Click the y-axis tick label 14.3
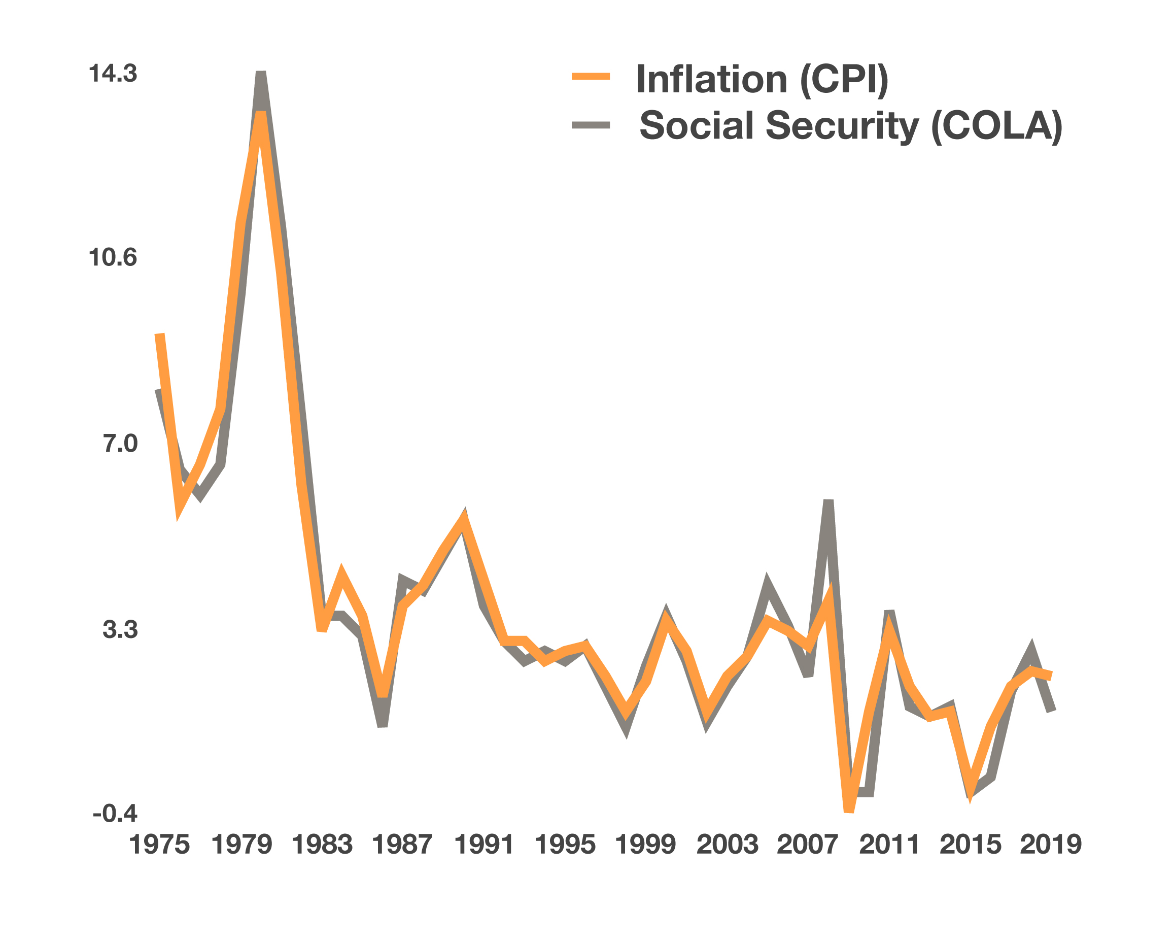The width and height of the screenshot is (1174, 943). (x=113, y=74)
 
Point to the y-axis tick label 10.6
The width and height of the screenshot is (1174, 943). (x=113, y=258)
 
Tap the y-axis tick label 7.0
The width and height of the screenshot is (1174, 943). (x=120, y=444)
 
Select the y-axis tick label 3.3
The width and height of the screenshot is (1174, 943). (x=120, y=629)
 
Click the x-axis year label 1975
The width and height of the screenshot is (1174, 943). (x=159, y=845)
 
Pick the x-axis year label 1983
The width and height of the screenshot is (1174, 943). (x=322, y=845)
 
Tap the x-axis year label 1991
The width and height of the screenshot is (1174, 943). (x=484, y=845)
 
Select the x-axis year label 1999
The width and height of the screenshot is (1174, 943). (x=645, y=845)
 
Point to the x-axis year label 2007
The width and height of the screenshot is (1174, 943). (x=808, y=845)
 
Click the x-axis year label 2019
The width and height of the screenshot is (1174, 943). (x=1050, y=845)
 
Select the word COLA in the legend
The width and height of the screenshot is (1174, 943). (x=996, y=126)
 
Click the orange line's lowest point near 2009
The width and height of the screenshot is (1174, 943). (x=849, y=811)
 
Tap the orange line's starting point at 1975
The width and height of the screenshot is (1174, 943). (x=159, y=335)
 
